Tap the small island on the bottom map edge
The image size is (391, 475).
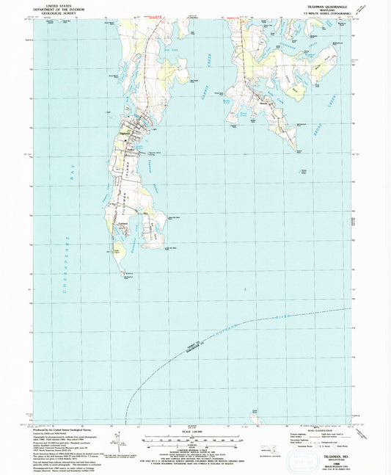pos(255,419)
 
